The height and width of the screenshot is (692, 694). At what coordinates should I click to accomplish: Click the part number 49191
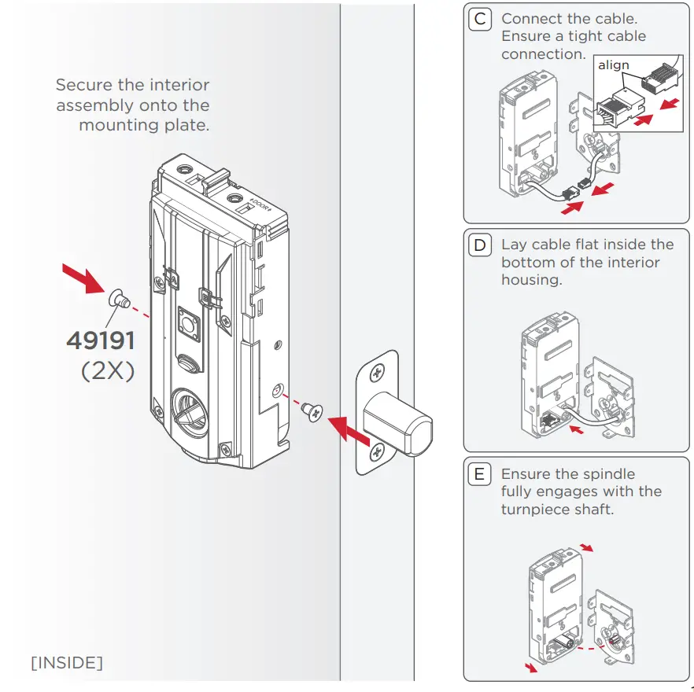click(101, 340)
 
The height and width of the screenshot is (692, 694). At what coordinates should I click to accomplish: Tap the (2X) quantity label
click(108, 370)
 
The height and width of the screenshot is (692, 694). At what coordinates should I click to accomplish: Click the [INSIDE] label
click(67, 663)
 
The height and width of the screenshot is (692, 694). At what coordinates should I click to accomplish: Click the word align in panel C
click(614, 65)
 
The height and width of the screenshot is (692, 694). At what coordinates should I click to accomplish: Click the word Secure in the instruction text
click(82, 85)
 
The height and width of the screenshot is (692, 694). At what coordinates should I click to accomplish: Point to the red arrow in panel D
click(578, 431)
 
